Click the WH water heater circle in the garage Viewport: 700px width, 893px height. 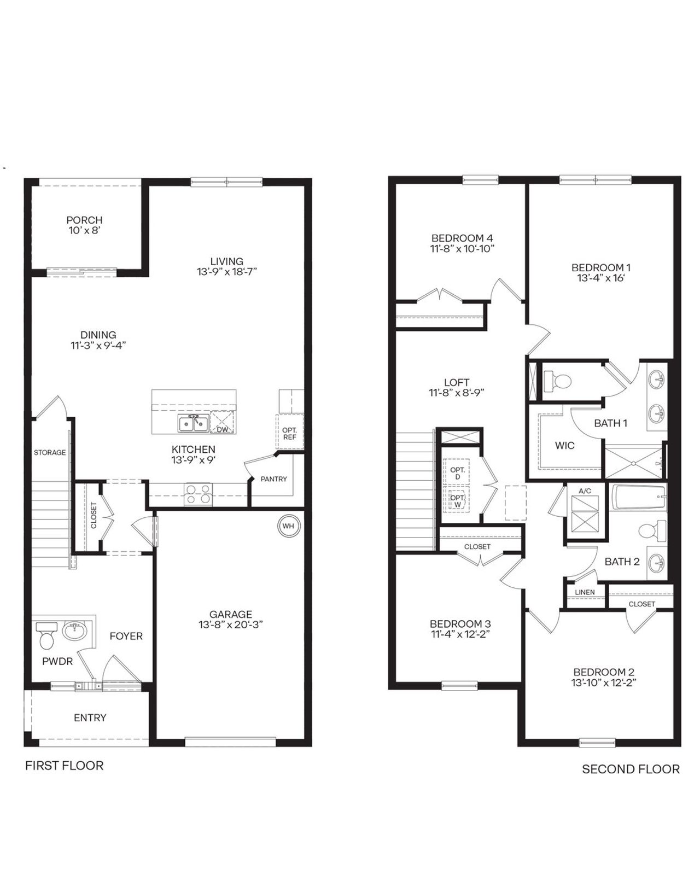[288, 526]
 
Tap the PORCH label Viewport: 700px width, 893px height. [84, 220]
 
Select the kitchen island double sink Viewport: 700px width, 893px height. [192, 423]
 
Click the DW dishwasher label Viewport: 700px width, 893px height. [222, 430]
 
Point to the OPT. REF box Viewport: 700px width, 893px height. [289, 433]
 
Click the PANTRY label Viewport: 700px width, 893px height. [273, 479]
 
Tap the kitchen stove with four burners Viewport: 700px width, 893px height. [197, 494]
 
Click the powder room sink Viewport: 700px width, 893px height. [75, 631]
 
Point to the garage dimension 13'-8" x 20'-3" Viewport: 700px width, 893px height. [231, 624]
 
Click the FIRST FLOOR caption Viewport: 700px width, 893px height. [64, 766]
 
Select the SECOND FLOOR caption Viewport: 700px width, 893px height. [631, 769]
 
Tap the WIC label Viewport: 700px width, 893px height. [564, 445]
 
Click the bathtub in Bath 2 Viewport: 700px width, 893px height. [638, 498]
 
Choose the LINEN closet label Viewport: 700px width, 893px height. [585, 592]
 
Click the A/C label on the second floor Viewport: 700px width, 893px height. [585, 491]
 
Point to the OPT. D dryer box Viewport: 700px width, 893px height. [457, 474]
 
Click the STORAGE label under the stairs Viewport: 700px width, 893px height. [50, 452]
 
